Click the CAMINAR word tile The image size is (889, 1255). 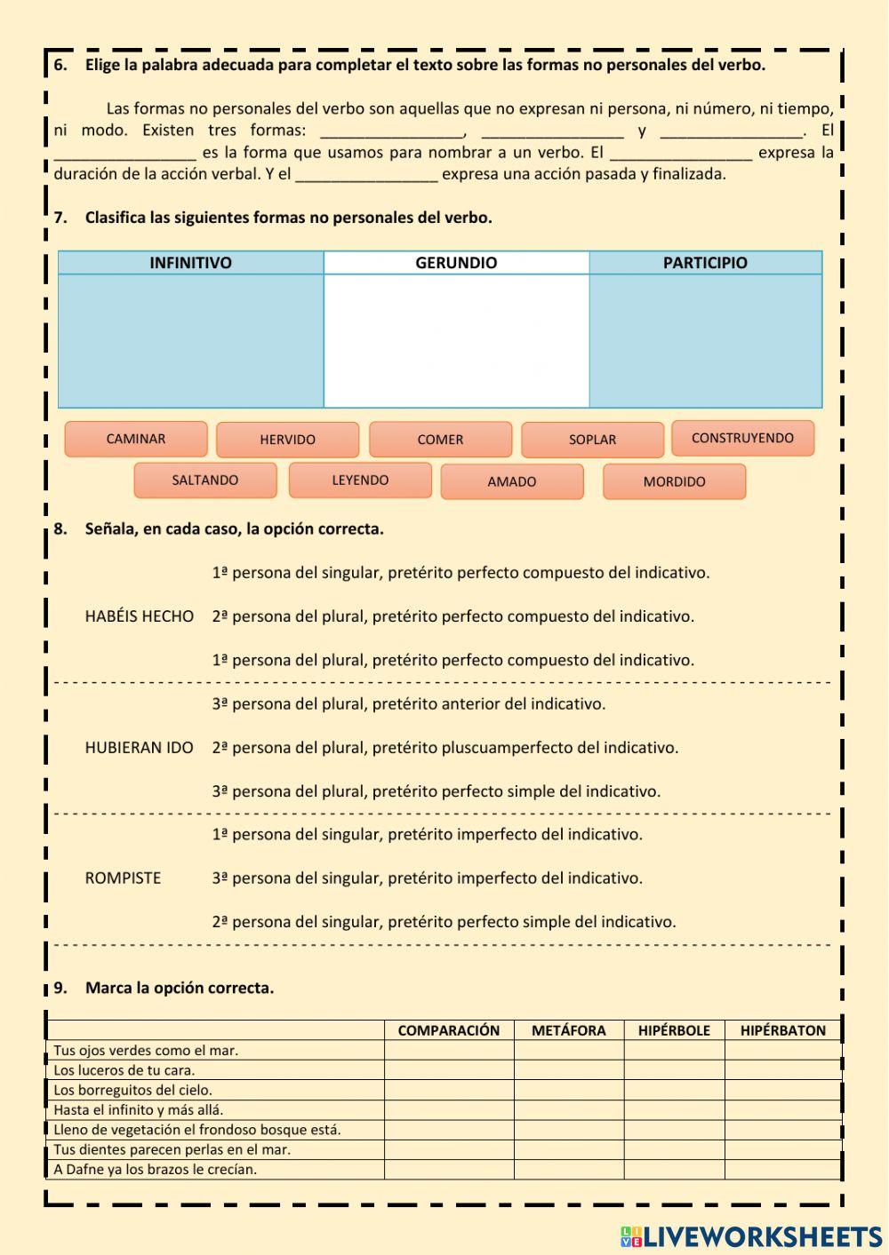[136, 439]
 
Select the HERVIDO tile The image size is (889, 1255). [287, 440]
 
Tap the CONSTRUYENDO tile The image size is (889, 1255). [742, 438]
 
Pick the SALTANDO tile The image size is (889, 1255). [205, 481]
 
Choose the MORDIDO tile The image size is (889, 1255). [674, 481]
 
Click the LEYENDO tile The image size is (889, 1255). [360, 481]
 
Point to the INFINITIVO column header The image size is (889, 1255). [190, 263]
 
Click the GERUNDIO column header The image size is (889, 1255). [456, 263]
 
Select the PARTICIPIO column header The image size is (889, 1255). [705, 263]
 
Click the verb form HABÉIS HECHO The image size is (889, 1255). [140, 616]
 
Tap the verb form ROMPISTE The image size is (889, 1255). [124, 878]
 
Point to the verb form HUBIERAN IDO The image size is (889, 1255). [140, 748]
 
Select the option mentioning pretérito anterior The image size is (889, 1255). [409, 704]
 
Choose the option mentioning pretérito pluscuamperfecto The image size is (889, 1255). [445, 748]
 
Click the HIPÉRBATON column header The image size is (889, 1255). [782, 1030]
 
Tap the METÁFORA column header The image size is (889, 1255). [568, 1030]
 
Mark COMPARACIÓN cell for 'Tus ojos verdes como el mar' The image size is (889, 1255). [449, 1050]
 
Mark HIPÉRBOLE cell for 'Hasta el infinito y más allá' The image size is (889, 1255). [674, 1109]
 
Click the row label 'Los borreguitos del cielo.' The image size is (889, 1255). [133, 1090]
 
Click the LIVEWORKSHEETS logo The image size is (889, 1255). [751, 1236]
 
